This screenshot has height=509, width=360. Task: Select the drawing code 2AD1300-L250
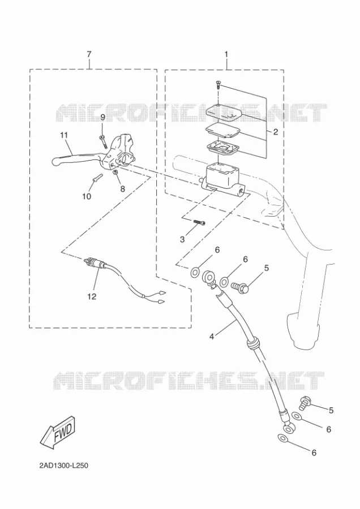[x=64, y=466]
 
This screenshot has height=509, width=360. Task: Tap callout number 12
[x=92, y=296]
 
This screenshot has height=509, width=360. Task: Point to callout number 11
[x=64, y=135]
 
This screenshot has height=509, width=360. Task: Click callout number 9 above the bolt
[x=102, y=117]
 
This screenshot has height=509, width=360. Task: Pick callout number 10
[x=87, y=196]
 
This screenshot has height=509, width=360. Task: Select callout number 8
[x=122, y=188]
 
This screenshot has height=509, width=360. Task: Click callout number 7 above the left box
[x=89, y=54]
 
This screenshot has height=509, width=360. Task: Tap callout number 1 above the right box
[x=226, y=54]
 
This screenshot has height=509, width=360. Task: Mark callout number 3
[x=182, y=239]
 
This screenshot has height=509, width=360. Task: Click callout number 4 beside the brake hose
[x=212, y=337]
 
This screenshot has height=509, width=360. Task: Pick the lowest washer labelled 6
[x=283, y=438]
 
